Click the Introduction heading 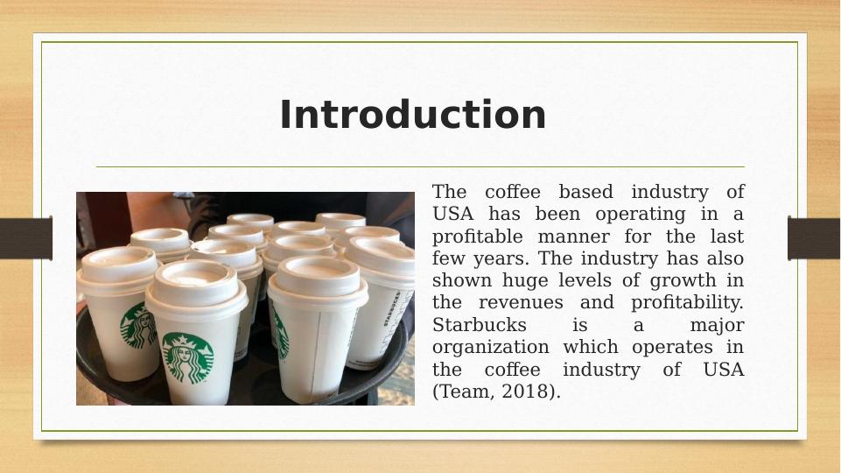(412, 115)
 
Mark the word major (717, 325)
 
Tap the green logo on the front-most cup (187, 357)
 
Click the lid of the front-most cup (194, 282)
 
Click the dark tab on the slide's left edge (25, 238)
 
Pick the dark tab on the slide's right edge (814, 238)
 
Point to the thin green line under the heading (420, 166)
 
